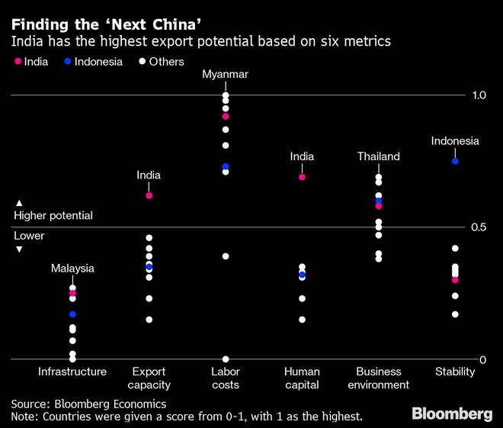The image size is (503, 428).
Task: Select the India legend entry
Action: click(31, 62)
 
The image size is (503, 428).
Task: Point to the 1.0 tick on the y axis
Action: click(479, 95)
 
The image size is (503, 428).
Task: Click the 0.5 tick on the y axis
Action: click(479, 227)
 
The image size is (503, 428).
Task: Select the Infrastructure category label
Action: click(72, 372)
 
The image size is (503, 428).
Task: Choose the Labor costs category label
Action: click(226, 378)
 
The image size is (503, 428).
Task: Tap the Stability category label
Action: click(455, 372)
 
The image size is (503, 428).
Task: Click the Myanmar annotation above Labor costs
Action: click(226, 74)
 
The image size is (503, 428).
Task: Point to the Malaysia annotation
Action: click(72, 269)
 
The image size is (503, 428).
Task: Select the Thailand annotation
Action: click(379, 156)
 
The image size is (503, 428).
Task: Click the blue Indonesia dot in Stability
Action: click(455, 161)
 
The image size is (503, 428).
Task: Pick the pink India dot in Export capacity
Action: click(149, 196)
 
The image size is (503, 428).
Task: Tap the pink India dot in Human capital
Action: click(302, 177)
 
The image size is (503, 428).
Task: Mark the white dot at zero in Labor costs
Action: click(226, 359)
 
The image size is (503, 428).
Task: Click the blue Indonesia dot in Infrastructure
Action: click(72, 314)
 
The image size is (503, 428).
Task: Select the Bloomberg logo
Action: click(452, 414)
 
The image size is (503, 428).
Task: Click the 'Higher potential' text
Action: click(53, 216)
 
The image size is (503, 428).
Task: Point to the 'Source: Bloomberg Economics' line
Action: click(88, 403)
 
